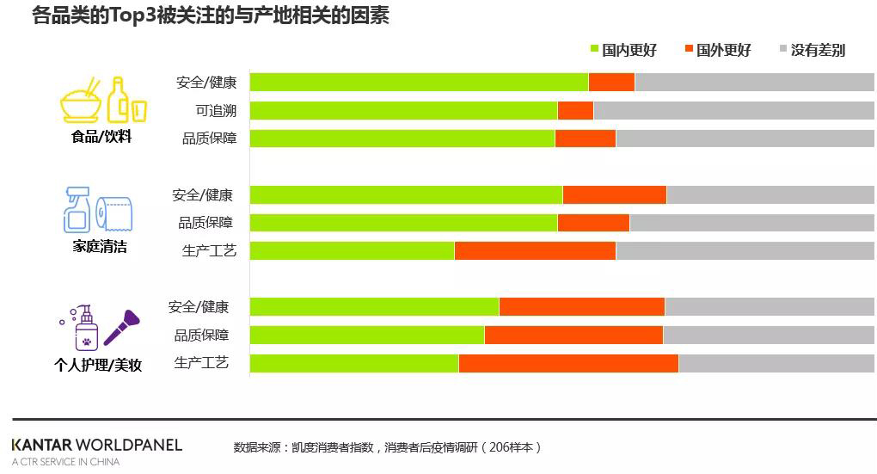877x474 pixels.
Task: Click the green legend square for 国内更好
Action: (594, 49)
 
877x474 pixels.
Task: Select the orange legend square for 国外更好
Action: (689, 49)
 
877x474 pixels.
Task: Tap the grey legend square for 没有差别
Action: (782, 49)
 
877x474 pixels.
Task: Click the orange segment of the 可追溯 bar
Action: (575, 110)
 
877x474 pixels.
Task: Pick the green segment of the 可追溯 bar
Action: (403, 110)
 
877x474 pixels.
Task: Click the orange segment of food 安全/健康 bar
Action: (611, 82)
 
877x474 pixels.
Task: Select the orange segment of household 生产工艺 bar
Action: (535, 250)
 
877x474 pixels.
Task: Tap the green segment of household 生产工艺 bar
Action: (352, 250)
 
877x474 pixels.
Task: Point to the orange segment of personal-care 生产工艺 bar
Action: (568, 363)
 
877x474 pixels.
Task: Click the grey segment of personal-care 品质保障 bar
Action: (769, 335)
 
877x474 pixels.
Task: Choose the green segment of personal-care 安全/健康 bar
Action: (374, 306)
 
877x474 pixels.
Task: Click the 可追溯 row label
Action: (216, 110)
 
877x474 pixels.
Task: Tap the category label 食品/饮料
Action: (101, 136)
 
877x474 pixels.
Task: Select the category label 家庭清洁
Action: (100, 246)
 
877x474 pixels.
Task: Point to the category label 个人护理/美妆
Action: (98, 365)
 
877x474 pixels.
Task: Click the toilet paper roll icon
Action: (114, 213)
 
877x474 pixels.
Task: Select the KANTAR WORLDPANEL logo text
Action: (97, 445)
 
